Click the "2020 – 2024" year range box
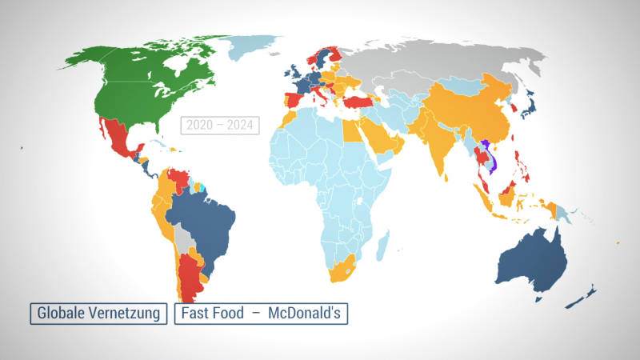219,126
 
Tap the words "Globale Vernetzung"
99,313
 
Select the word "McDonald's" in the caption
304,313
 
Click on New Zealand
581,297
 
